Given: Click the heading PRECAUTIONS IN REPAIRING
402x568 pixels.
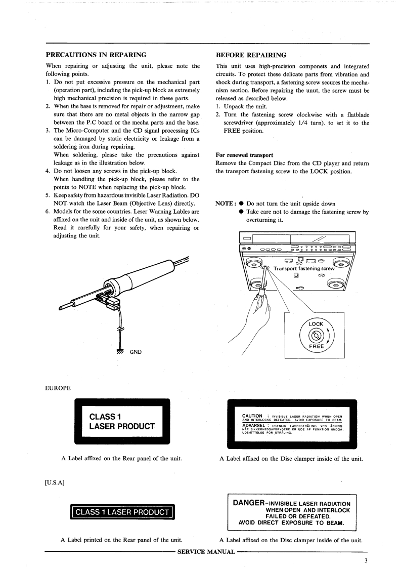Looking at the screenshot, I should pos(96,54).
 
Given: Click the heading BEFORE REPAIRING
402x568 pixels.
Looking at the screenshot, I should pos(251,54).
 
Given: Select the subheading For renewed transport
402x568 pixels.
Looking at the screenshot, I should pos(244,154).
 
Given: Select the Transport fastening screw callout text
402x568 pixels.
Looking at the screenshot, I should pos(304,268).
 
